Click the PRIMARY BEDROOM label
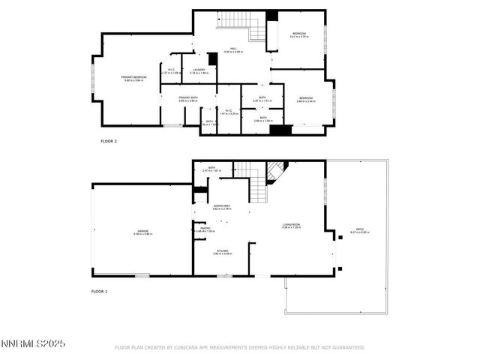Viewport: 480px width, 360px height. pyautogui.click(x=133, y=77)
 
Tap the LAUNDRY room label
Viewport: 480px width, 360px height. pyautogui.click(x=199, y=70)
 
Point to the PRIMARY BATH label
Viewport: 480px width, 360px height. pyautogui.click(x=187, y=97)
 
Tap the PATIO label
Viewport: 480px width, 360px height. pyautogui.click(x=359, y=230)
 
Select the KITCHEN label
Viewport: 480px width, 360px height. pyautogui.click(x=222, y=251)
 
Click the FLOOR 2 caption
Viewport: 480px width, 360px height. pyautogui.click(x=109, y=140)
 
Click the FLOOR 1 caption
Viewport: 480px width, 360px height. pyautogui.click(x=100, y=290)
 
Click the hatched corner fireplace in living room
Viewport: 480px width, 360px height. pyautogui.click(x=275, y=174)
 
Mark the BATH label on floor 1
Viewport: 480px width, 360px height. pyautogui.click(x=211, y=168)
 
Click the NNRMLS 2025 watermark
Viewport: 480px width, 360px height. pyautogui.click(x=33, y=343)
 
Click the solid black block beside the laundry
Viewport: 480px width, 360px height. pyautogui.click(x=213, y=58)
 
